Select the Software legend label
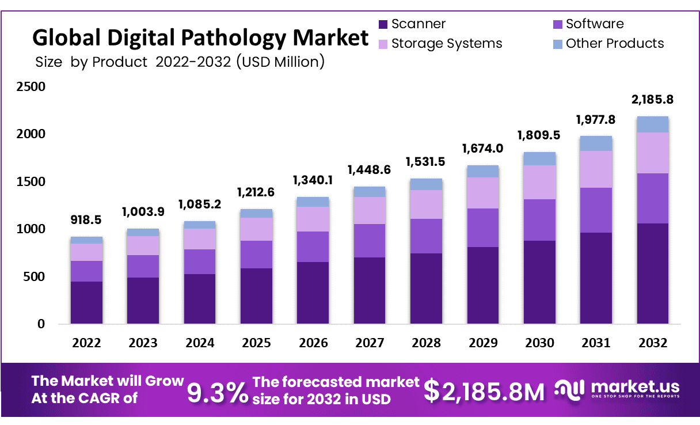pyautogui.click(x=594, y=24)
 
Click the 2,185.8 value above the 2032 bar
pyautogui.click(x=652, y=100)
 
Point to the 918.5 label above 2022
pyautogui.click(x=86, y=221)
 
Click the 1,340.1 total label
pyautogui.click(x=313, y=181)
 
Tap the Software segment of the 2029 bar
pyautogui.click(x=482, y=227)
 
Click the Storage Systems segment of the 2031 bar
pyautogui.click(x=596, y=169)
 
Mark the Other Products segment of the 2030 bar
pyautogui.click(x=539, y=158)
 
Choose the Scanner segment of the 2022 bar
pyautogui.click(x=86, y=302)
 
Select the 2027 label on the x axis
pyautogui.click(x=369, y=343)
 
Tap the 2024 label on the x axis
pyautogui.click(x=200, y=343)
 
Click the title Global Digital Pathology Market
pyautogui.click(x=200, y=38)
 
